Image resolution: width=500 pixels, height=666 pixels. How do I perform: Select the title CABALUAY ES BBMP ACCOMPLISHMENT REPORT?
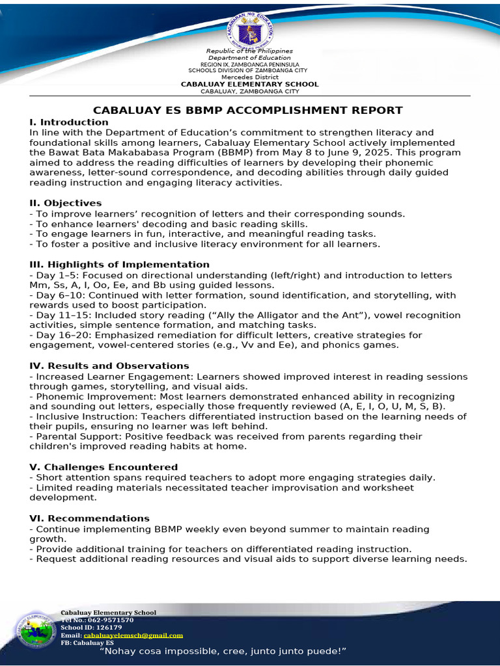248,111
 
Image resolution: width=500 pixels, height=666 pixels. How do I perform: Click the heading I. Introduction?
69,122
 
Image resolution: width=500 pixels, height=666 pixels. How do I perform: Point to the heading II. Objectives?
66,204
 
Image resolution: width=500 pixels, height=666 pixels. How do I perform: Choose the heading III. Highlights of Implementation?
119,265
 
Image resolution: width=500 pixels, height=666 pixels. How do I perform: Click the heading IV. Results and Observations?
109,366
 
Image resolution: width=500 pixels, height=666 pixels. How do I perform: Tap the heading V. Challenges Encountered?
104,468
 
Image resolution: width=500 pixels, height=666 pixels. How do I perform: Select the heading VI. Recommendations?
90,518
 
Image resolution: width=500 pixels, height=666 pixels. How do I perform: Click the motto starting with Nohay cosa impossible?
222,651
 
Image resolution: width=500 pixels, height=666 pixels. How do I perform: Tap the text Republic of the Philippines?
249,51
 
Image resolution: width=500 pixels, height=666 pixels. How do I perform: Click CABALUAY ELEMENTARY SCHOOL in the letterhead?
249,84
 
